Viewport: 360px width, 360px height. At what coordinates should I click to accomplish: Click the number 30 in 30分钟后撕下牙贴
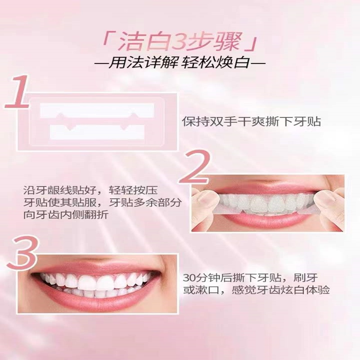pyautogui.click(x=189, y=276)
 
